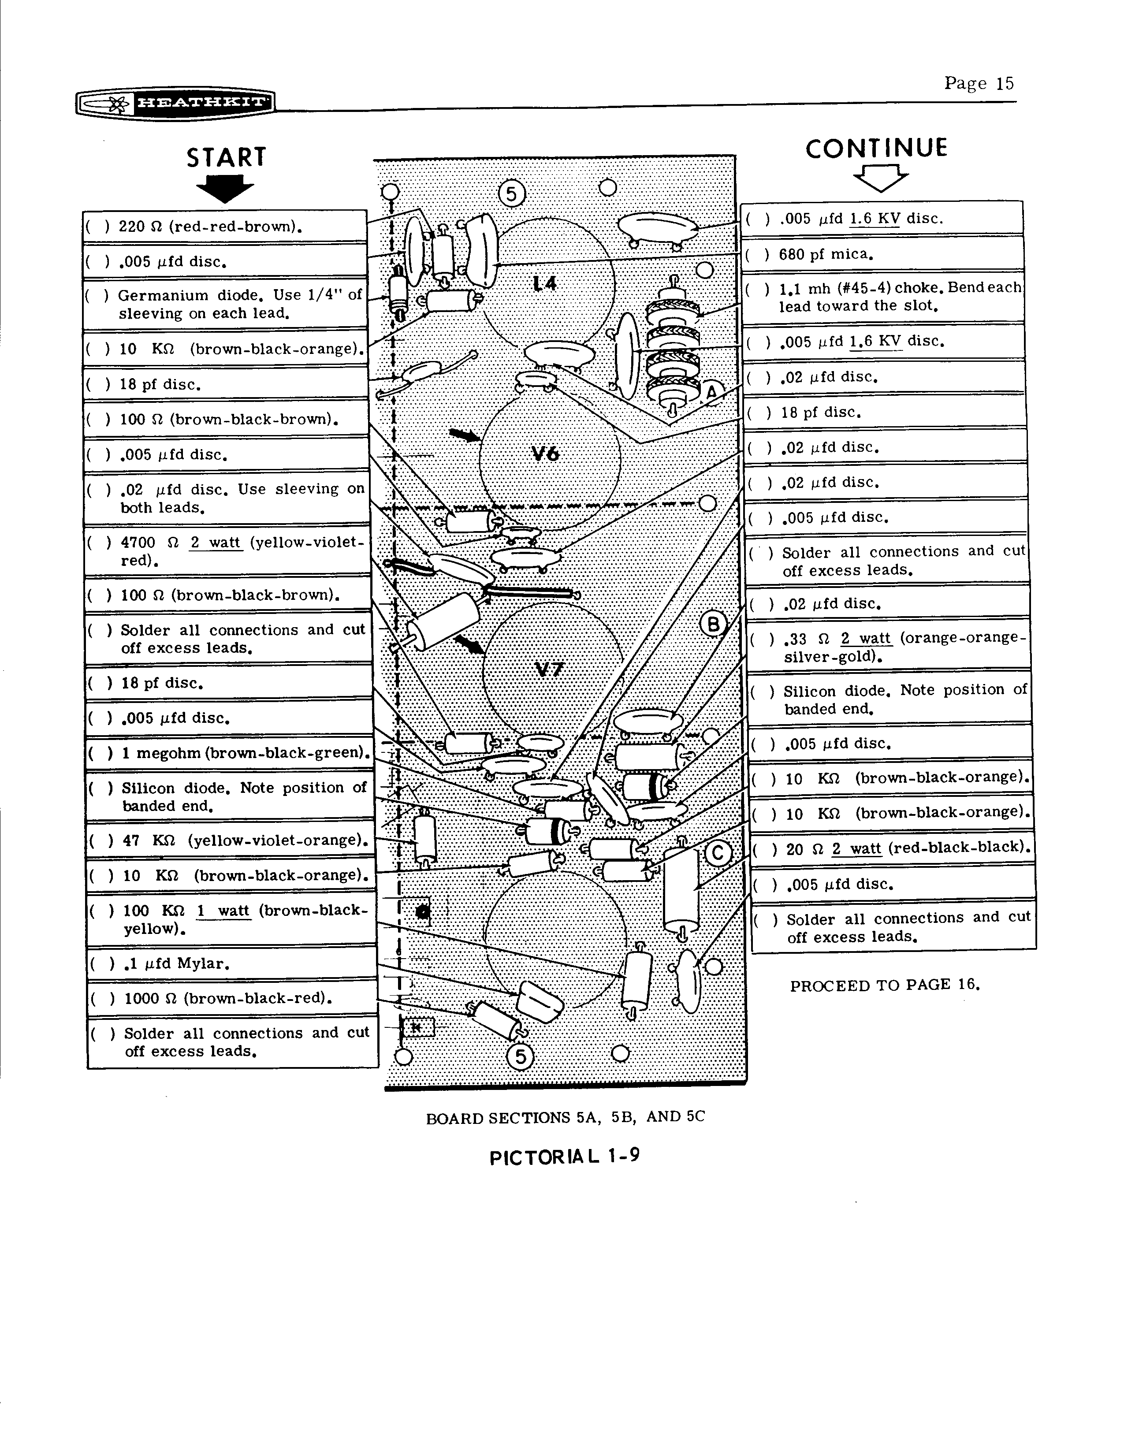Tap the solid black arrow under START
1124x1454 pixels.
[225, 188]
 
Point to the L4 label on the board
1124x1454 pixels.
[545, 284]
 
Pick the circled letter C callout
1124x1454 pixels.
[718, 854]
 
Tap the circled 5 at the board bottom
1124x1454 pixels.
[520, 1056]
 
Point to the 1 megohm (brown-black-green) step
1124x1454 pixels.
[229, 753]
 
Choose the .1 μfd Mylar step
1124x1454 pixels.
[232, 963]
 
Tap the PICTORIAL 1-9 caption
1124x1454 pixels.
[565, 1157]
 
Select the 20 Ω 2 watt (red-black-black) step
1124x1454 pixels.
[892, 848]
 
